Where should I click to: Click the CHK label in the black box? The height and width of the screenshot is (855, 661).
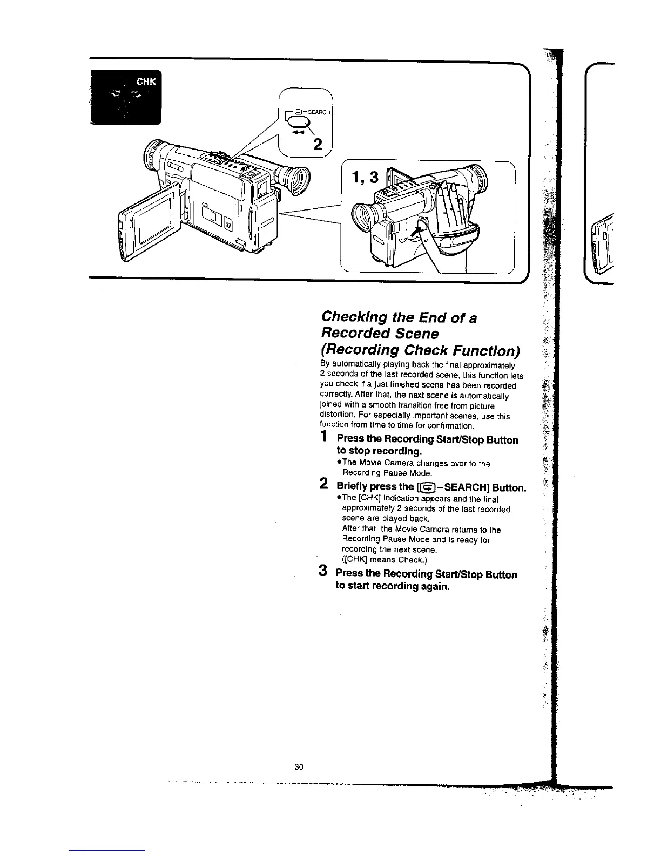[x=146, y=82]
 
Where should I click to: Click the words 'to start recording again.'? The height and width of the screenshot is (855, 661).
[x=393, y=586]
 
